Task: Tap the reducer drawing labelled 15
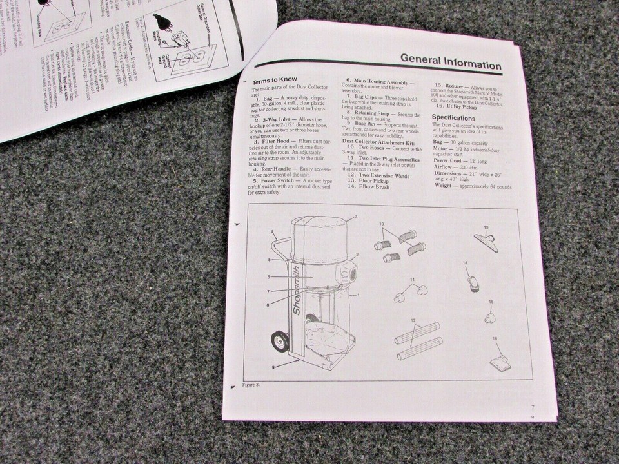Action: (x=489, y=317)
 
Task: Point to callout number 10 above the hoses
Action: (x=382, y=223)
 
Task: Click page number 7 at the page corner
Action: (x=533, y=407)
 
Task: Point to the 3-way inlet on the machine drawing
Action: (x=349, y=273)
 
